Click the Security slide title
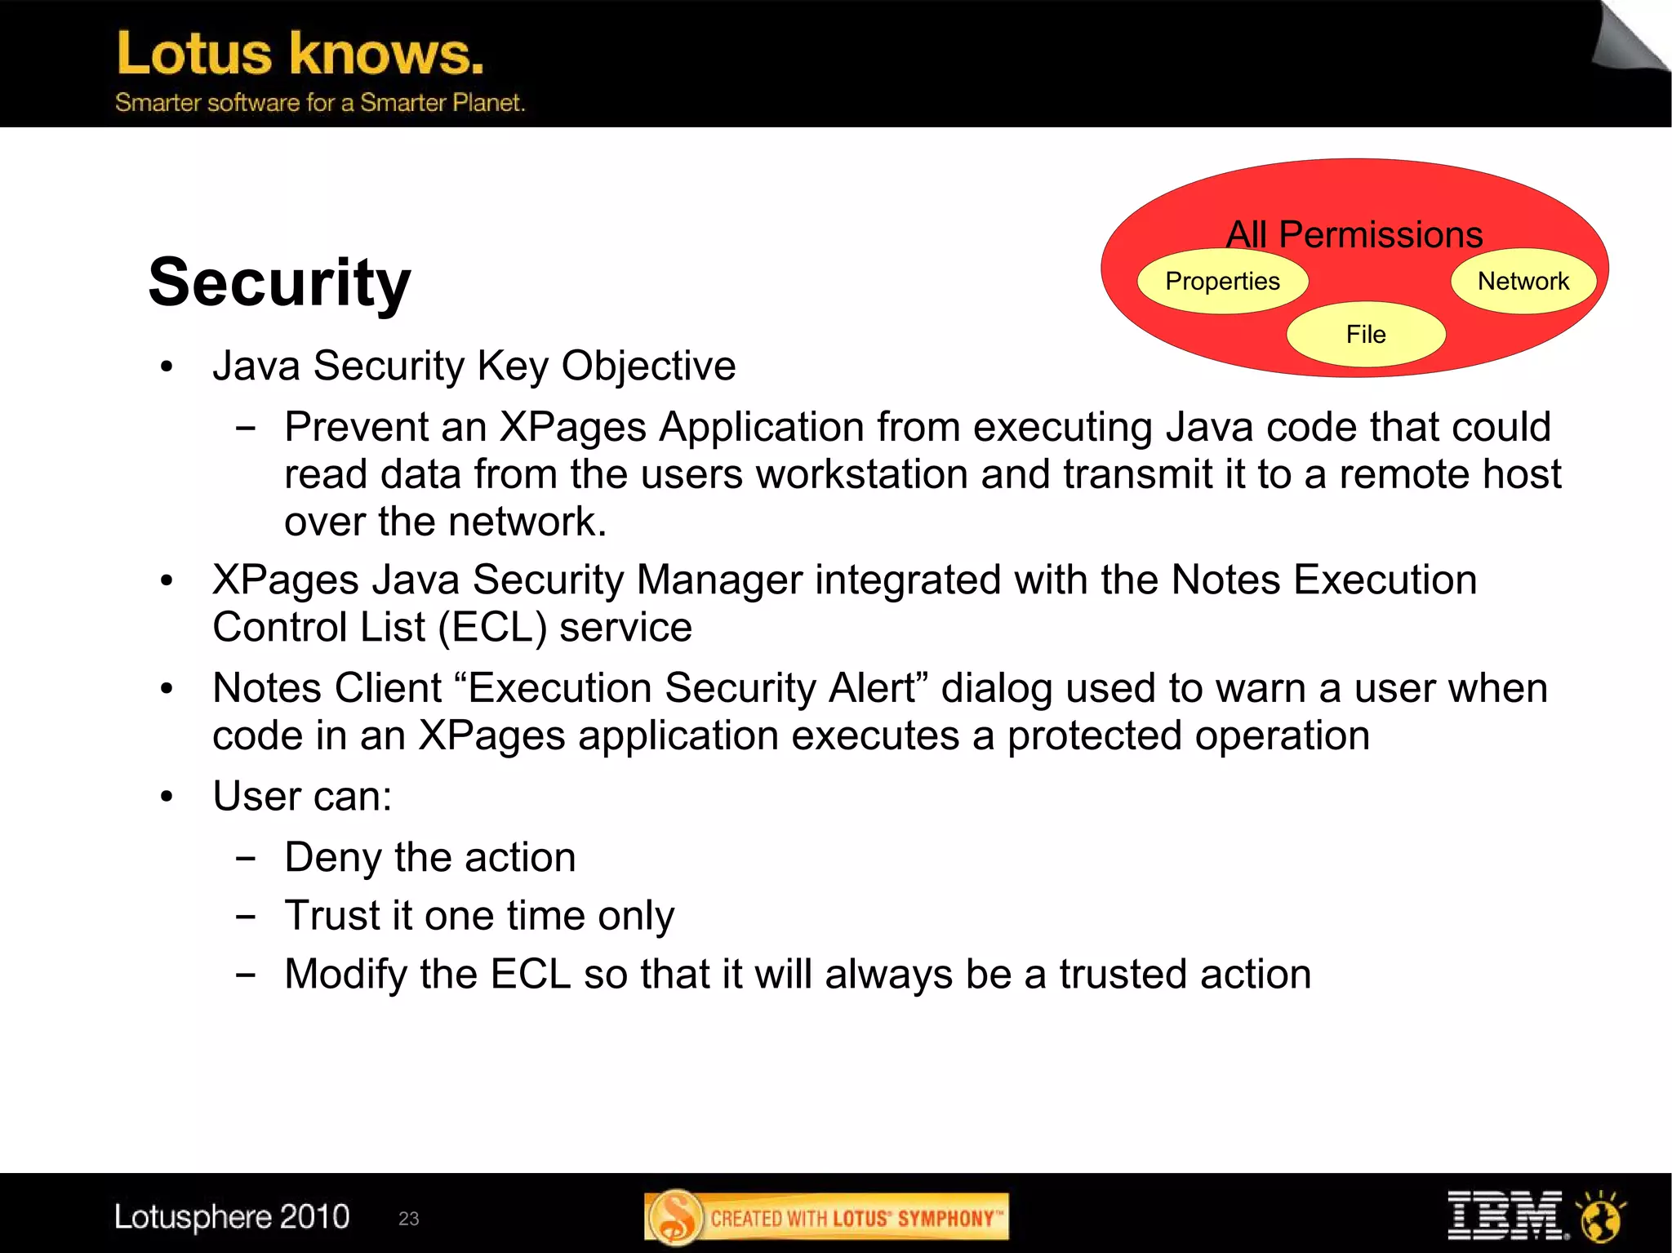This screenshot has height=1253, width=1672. tap(279, 282)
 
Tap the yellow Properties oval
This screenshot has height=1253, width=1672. tap(1222, 282)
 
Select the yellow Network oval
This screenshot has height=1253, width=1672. tap(1523, 282)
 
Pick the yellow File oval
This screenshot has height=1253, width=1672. tap(1365, 335)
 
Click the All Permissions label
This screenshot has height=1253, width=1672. tap(1354, 234)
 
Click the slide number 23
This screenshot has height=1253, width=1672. tap(408, 1219)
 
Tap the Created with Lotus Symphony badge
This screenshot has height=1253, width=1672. tap(826, 1218)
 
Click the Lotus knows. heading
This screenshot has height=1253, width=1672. tap(300, 54)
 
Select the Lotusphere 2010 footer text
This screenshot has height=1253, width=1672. tap(232, 1217)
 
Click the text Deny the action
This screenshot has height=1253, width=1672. tap(429, 858)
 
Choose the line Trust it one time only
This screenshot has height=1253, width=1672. tap(479, 916)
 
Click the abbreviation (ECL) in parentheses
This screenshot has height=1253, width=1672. tap(491, 628)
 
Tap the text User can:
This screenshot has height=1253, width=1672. tap(302, 796)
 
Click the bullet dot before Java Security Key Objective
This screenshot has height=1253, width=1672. tap(167, 367)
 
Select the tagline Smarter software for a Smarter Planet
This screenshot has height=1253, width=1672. tap(319, 103)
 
